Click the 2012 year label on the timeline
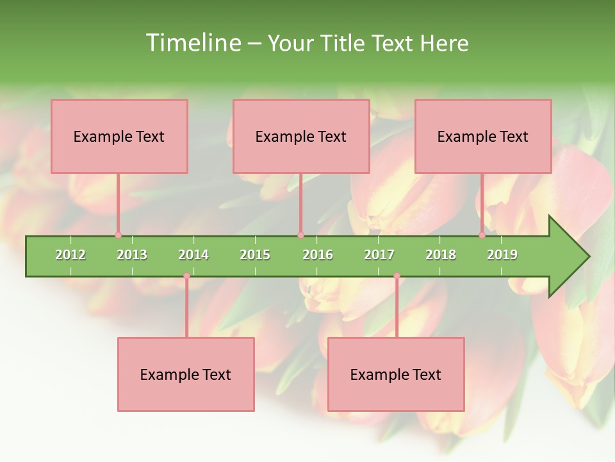tap(70, 255)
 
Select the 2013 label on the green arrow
tap(132, 255)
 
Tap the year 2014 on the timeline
tap(193, 255)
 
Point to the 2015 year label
tap(255, 255)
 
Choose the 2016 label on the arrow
tap(318, 255)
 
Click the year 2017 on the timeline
tap(379, 255)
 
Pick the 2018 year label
tap(441, 255)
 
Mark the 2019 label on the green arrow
tap(502, 255)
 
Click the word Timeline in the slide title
tap(192, 43)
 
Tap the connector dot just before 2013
tap(118, 235)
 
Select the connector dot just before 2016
tap(300, 235)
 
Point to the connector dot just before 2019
tap(482, 235)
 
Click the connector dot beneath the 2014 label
tap(186, 276)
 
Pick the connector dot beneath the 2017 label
tap(397, 276)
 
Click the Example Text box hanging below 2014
tap(186, 374)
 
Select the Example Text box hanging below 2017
tap(396, 374)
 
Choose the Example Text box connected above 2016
tap(301, 136)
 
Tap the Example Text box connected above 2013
tap(119, 136)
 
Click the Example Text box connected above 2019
tap(483, 136)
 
